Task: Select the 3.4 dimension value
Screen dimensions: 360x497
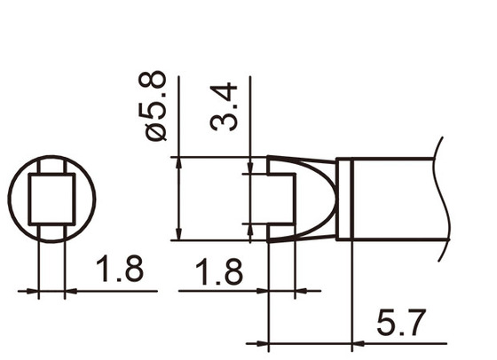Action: tap(225, 106)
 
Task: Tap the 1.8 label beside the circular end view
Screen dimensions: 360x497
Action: tap(119, 270)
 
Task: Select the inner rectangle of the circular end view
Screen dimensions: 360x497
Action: tap(51, 200)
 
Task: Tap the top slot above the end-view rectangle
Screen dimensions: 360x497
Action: tap(51, 167)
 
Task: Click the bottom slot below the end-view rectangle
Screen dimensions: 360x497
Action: tap(51, 231)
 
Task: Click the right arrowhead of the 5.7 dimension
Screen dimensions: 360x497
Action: tap(347, 343)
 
